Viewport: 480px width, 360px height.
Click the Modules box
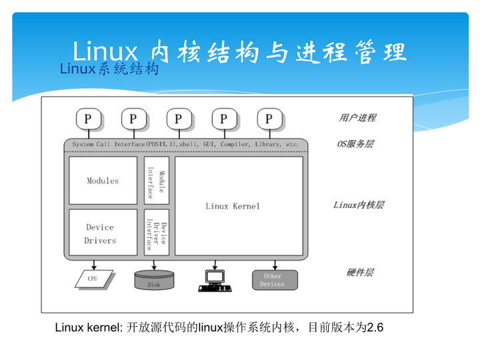(x=103, y=181)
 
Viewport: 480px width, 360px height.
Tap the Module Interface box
(x=156, y=181)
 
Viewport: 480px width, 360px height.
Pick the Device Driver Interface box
(x=156, y=233)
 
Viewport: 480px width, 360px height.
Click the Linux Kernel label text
(x=233, y=206)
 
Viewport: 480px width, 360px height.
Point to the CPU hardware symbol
(x=93, y=278)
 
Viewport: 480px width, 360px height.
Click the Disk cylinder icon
(x=154, y=279)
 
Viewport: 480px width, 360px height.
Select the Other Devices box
(x=272, y=280)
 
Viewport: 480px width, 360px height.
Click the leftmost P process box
(x=88, y=119)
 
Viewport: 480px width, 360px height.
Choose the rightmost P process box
(x=269, y=119)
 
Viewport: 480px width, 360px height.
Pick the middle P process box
(x=179, y=119)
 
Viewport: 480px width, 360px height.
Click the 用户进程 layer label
(x=357, y=118)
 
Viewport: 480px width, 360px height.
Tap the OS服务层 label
(x=355, y=143)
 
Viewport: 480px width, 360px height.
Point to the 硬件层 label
(x=359, y=273)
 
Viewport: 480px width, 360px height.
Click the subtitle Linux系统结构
(x=109, y=69)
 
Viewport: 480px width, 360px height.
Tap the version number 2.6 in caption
(x=375, y=327)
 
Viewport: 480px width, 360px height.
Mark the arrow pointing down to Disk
(x=154, y=264)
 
